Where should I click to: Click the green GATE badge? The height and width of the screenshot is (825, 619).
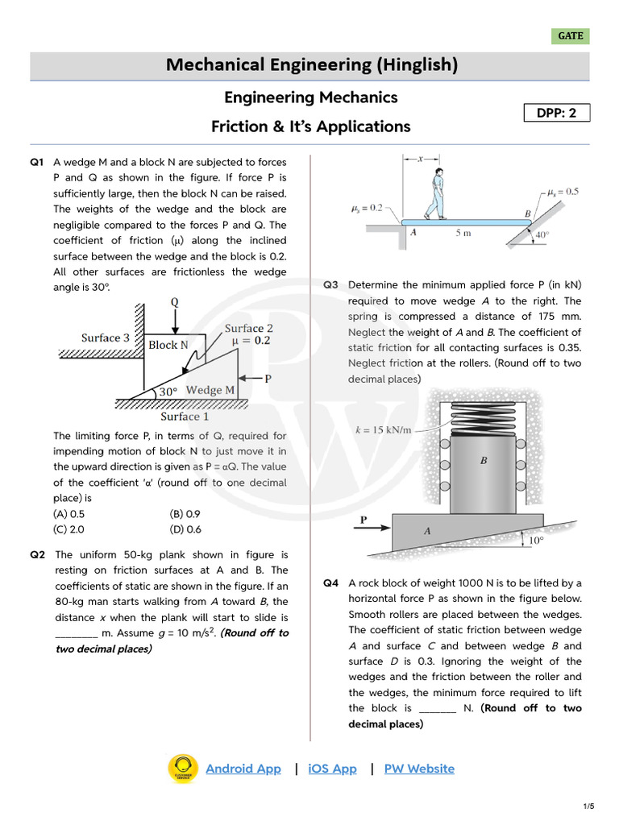pos(571,36)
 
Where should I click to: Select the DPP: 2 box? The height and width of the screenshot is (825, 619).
pos(557,113)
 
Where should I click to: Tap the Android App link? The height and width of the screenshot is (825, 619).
pos(243,769)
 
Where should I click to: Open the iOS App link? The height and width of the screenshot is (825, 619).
pos(332,769)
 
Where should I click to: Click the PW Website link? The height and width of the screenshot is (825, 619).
pos(419,769)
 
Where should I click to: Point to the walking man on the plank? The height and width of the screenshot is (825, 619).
pos(435,193)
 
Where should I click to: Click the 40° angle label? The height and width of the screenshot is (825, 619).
pos(543,235)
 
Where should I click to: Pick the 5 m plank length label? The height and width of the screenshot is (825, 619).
pos(463,233)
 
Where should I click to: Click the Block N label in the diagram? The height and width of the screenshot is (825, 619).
pos(168,345)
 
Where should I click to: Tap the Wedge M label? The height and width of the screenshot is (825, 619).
pos(210,390)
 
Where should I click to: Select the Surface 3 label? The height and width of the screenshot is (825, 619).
pos(106,338)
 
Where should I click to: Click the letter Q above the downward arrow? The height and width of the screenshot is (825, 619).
pos(174,302)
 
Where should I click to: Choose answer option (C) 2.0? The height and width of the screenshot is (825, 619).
pos(69,529)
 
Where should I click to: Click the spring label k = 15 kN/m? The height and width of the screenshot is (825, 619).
pos(384,429)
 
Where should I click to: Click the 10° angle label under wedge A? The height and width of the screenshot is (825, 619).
pos(536,541)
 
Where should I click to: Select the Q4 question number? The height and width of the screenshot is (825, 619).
pos(331,582)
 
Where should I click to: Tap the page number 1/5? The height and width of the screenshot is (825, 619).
pos(589,806)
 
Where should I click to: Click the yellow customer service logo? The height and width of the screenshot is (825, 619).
pos(183,769)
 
